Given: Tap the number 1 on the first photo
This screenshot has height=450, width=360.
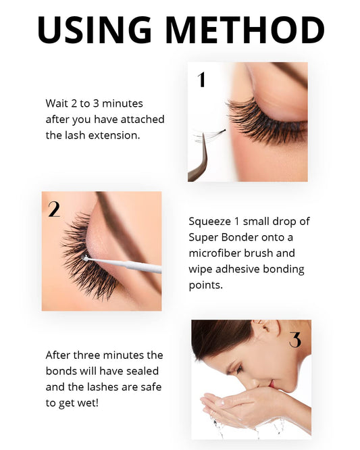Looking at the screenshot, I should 201,80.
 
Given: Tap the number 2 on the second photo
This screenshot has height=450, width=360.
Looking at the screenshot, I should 54,209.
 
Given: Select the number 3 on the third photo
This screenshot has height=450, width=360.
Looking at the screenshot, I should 295,340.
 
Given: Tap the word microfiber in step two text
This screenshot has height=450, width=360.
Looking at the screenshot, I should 215,253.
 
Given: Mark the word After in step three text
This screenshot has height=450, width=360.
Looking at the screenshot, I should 59,355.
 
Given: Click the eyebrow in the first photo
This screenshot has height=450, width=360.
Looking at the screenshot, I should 270,74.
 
